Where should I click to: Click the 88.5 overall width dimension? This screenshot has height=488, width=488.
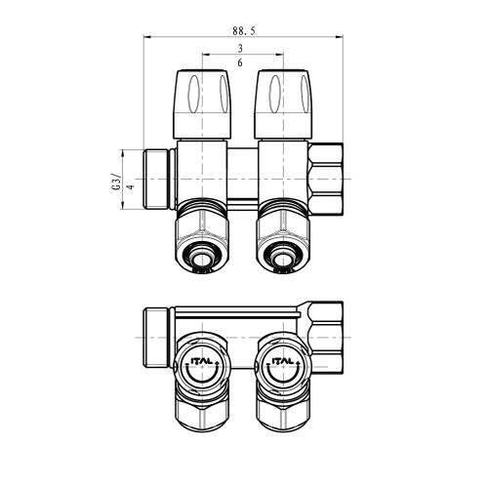[244, 31]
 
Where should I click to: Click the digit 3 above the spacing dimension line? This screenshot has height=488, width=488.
[240, 49]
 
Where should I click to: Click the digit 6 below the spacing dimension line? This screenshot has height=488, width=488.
[240, 62]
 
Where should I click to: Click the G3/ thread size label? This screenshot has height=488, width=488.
[116, 183]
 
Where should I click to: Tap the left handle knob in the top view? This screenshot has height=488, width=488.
[203, 104]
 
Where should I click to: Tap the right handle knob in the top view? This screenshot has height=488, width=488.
[284, 104]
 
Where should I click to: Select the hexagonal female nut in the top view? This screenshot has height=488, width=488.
[326, 179]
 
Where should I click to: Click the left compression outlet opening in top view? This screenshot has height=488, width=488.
[201, 258]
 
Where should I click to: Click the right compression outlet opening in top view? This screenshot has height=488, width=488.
[282, 258]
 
